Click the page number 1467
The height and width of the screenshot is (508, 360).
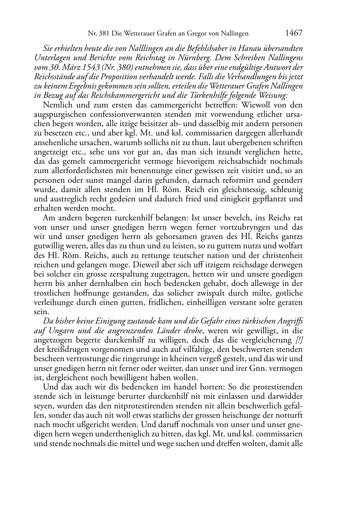pyautogui.click(x=294, y=33)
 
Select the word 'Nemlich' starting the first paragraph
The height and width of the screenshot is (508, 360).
pyautogui.click(x=57, y=105)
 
